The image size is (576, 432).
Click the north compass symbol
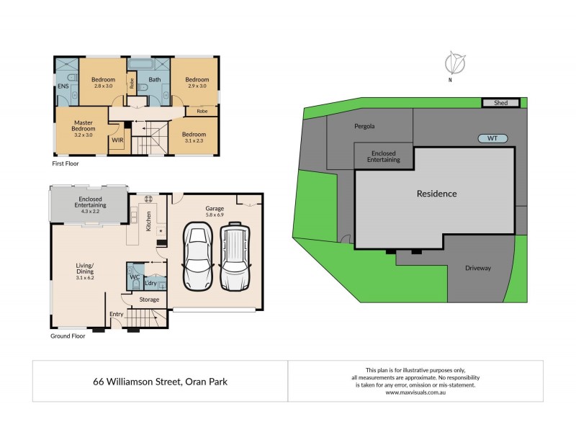pos(454,63)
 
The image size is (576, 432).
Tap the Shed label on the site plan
pos(501,103)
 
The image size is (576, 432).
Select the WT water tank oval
pos(492,138)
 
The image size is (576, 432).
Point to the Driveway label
pos(477,268)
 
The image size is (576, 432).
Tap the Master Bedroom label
pos(84,127)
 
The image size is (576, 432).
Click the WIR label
pos(117,141)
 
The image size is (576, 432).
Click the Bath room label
pos(154,79)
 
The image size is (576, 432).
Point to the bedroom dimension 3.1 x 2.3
pos(193,141)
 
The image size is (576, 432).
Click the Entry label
pos(116,314)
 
